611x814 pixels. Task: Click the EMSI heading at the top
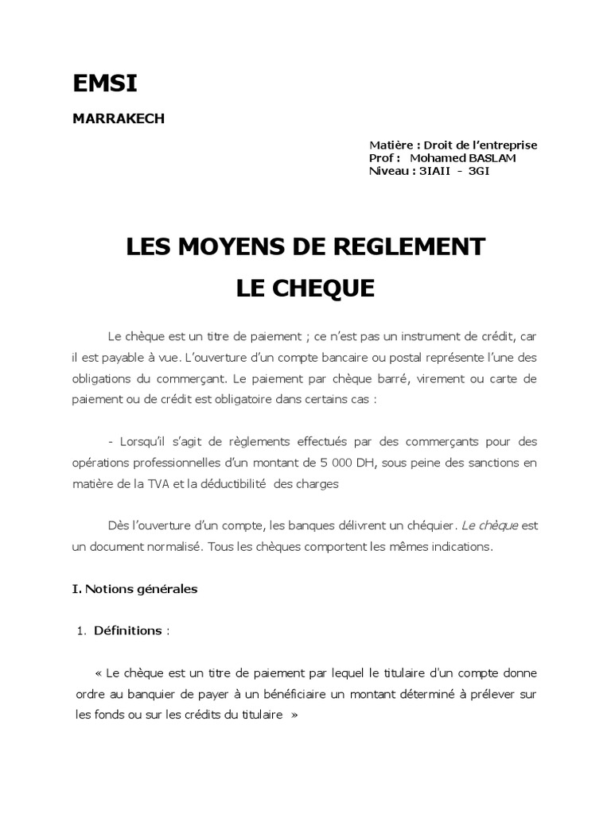99,84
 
